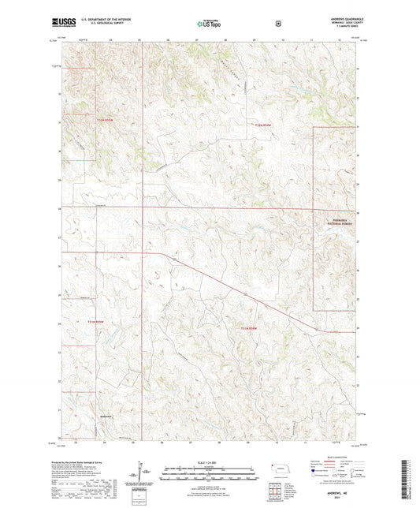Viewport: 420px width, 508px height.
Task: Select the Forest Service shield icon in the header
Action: [x=277, y=23]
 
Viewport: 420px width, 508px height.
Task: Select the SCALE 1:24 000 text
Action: [x=209, y=461]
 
